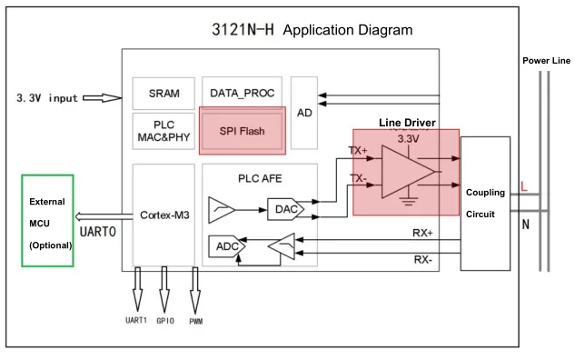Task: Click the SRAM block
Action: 164,94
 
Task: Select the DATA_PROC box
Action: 243,93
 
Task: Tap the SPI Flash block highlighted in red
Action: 243,131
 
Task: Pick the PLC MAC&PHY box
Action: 164,132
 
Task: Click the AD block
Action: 305,114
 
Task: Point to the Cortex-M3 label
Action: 164,215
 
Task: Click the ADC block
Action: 224,246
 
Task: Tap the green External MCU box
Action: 47,224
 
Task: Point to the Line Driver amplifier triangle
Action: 406,168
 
